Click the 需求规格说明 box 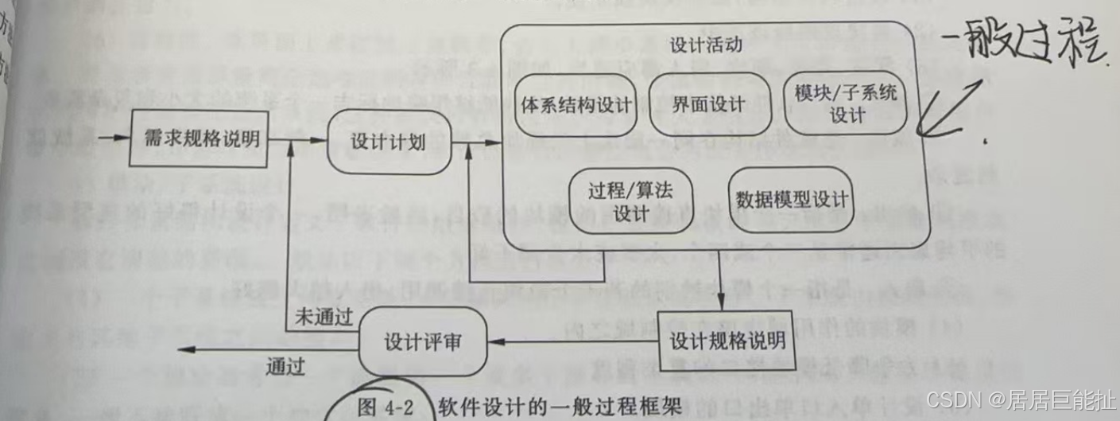coord(198,138)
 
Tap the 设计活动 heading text coord(706,44)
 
